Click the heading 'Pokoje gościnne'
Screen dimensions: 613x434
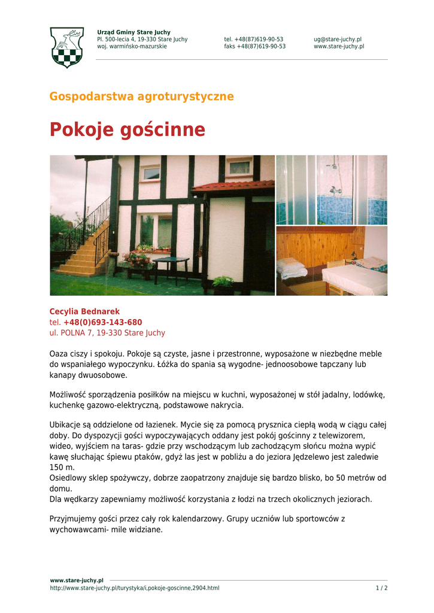[x=127, y=129]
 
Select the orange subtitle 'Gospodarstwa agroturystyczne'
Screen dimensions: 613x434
[x=141, y=96]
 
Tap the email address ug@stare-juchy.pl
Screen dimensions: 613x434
[x=338, y=40]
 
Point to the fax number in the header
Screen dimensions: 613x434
[x=255, y=47]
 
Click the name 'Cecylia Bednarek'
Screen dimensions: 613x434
[x=84, y=312]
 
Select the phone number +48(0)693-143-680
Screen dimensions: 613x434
[x=102, y=323]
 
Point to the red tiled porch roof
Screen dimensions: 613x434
[x=233, y=186]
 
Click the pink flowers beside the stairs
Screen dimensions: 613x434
[x=136, y=258]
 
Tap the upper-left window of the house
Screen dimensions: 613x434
[x=150, y=174]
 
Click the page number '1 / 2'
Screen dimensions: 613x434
[x=381, y=588]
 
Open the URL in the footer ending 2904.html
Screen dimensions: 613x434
[x=135, y=588]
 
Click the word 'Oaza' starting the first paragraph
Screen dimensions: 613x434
[x=58, y=354]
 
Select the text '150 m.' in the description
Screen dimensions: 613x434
[x=62, y=468]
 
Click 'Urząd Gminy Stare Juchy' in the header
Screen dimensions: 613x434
[x=133, y=32]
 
